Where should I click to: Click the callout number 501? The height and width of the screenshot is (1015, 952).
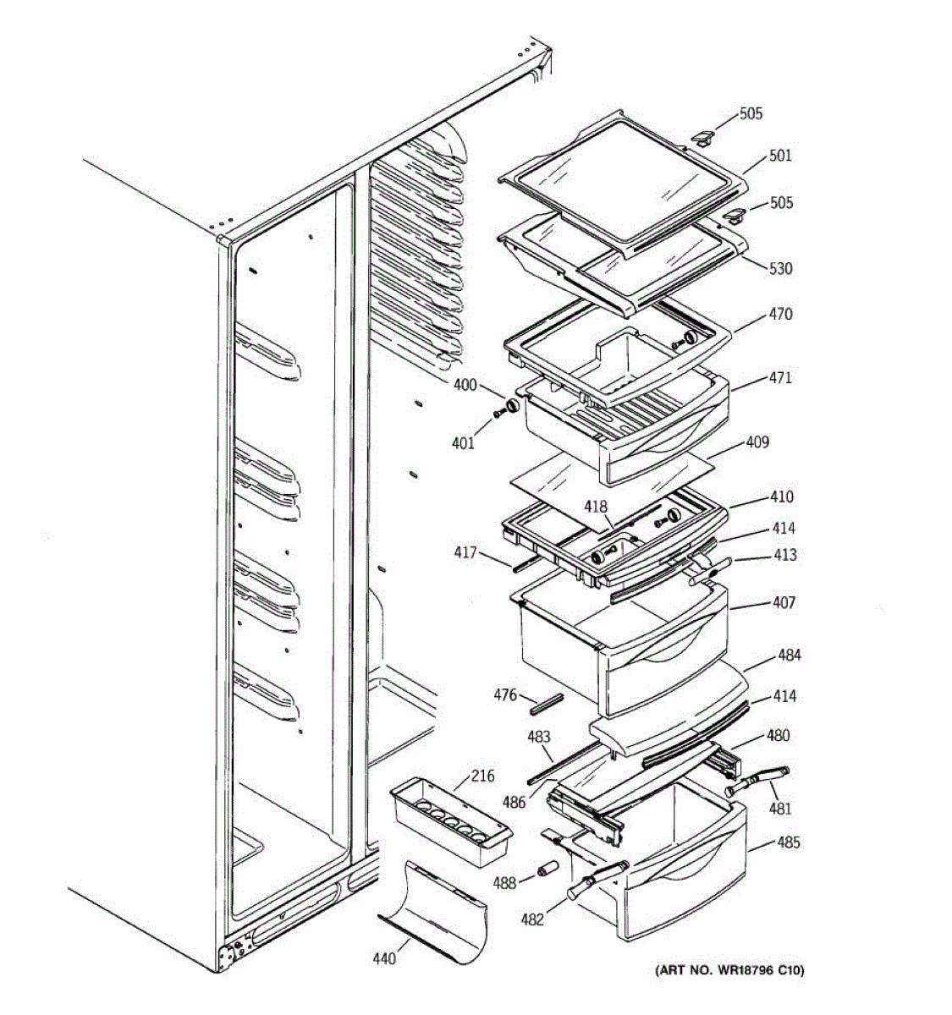pos(780,156)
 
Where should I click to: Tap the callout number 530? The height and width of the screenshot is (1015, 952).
pos(780,268)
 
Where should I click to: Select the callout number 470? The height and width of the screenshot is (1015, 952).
pos(780,314)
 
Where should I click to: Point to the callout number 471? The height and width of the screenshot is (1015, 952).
pos(780,377)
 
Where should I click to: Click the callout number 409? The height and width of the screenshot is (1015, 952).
pos(757,442)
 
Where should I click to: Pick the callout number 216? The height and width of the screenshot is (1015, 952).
pos(482,776)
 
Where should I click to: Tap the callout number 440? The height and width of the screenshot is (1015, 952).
pos(384,958)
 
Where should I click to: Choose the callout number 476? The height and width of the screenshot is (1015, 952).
pos(505,695)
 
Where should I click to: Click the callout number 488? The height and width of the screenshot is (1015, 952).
pos(505,883)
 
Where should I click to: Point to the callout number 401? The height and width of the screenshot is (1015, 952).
pos(463,442)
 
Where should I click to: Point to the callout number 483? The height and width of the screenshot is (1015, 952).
pos(539,736)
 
